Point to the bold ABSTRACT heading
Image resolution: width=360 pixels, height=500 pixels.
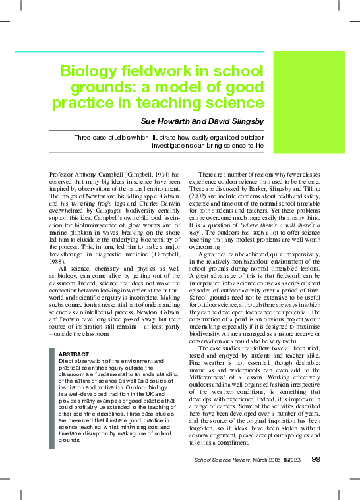click(75, 354)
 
